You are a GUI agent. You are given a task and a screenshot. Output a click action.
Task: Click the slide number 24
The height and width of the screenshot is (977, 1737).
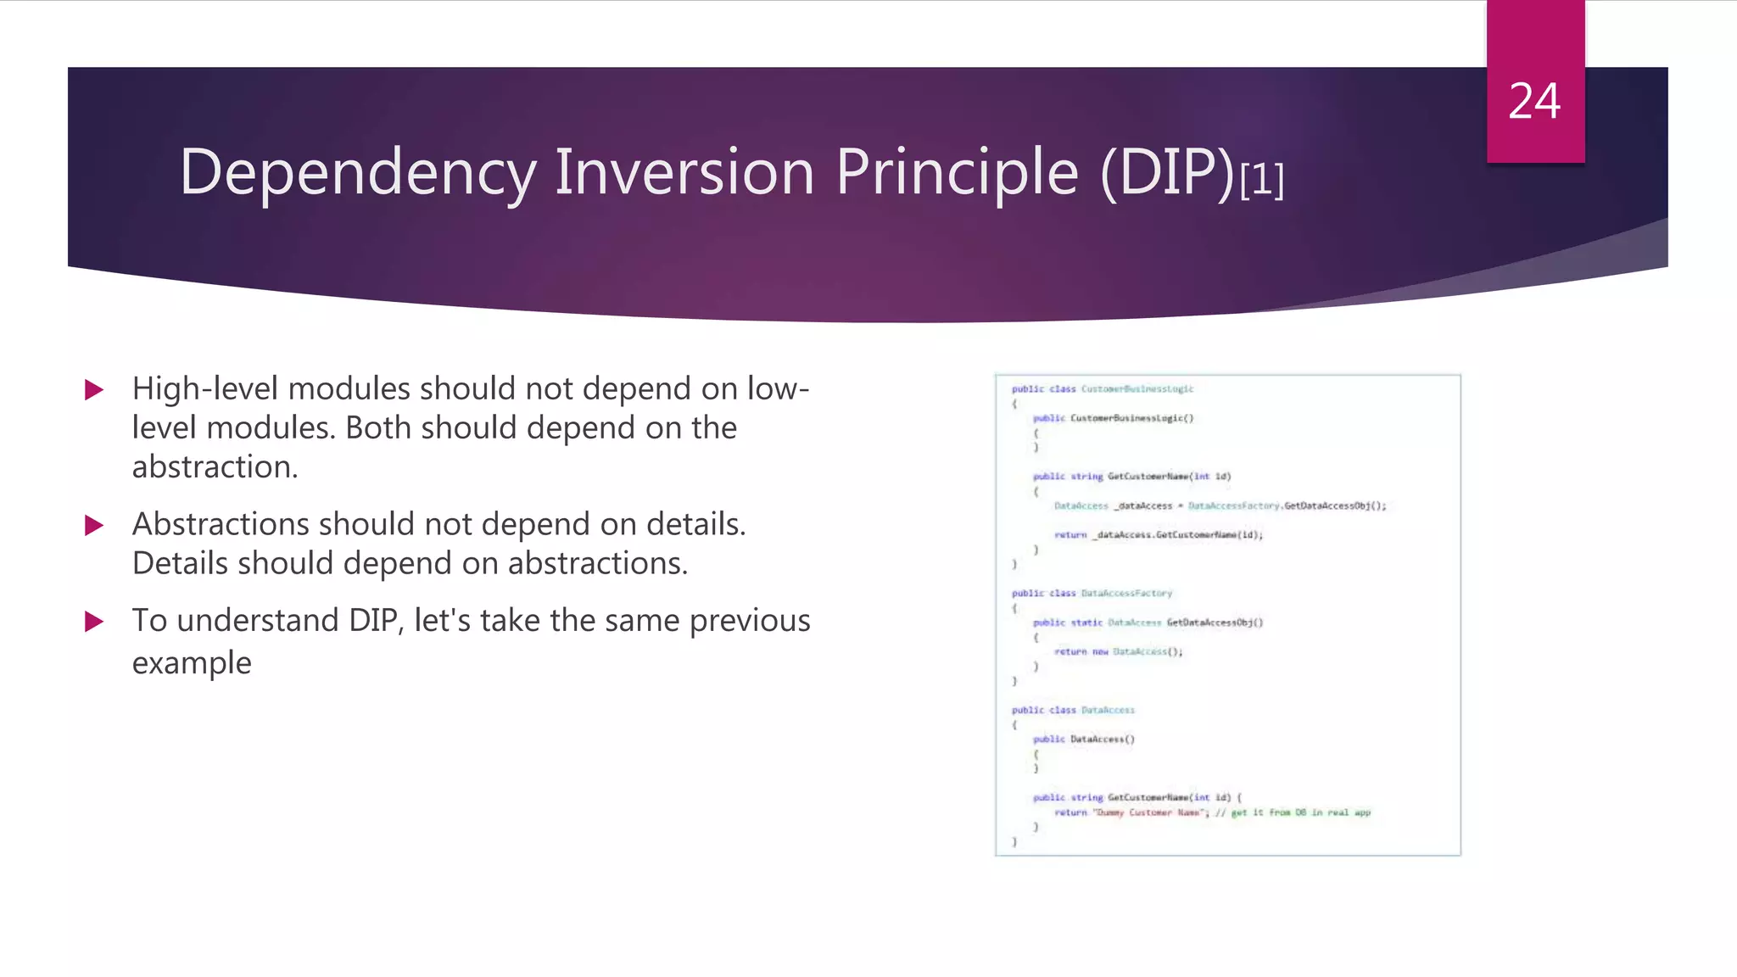[x=1534, y=102]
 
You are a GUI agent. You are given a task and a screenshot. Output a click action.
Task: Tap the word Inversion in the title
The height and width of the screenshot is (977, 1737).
[x=684, y=171]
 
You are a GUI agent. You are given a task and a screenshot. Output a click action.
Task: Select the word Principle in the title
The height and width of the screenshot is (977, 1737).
[x=957, y=173]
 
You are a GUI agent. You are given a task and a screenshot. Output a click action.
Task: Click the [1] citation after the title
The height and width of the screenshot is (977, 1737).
[x=1261, y=180]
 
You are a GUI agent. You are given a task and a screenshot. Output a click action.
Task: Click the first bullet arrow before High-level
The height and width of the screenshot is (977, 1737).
[x=94, y=390]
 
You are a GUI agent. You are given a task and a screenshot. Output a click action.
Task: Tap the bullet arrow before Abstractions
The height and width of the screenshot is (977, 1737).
[x=94, y=526]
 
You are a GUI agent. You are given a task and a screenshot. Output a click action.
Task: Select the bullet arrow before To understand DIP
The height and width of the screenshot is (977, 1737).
[x=94, y=622]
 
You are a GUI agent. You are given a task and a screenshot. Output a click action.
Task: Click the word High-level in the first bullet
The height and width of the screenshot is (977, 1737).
[x=204, y=388]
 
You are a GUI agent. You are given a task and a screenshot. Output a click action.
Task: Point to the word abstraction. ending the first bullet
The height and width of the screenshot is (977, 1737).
[x=215, y=467]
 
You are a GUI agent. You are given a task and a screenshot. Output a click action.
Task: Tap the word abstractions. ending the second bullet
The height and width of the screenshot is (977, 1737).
[x=597, y=563]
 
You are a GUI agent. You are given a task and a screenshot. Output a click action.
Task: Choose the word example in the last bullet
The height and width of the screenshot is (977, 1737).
[x=192, y=663]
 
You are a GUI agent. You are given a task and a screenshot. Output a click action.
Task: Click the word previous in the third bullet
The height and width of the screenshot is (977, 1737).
[x=750, y=621]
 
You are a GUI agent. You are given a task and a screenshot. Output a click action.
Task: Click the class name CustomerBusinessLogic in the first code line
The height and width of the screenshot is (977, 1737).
[x=1137, y=389]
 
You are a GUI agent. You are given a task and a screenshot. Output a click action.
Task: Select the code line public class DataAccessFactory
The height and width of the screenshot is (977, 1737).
[x=1092, y=594]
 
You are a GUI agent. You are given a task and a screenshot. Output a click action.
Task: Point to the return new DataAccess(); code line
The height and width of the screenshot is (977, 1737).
[x=1118, y=652]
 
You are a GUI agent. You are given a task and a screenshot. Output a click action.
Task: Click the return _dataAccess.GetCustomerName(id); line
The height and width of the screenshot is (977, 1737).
[x=1158, y=535]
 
